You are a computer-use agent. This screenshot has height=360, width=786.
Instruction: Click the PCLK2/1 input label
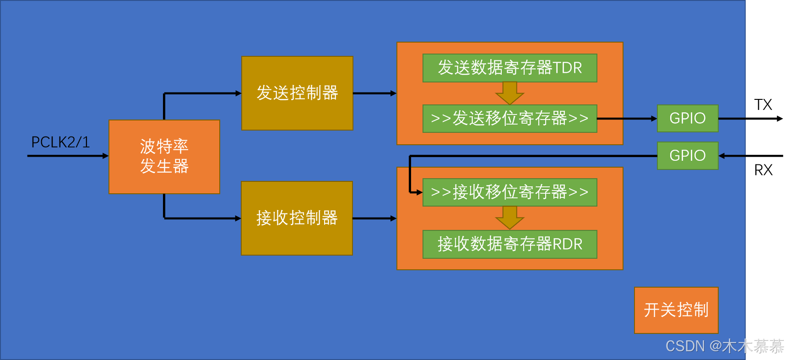click(x=60, y=142)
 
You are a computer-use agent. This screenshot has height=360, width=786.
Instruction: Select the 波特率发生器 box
click(x=164, y=157)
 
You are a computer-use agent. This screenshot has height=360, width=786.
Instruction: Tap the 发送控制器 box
click(x=297, y=93)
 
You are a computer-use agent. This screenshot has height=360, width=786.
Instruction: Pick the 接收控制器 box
click(x=297, y=218)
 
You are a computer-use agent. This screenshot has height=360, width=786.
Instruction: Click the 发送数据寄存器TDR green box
click(x=510, y=68)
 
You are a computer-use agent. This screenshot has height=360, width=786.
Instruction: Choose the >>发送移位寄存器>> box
click(x=510, y=119)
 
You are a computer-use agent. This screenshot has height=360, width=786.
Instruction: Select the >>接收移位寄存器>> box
click(x=510, y=192)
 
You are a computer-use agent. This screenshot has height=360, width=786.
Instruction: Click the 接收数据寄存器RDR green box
click(x=510, y=244)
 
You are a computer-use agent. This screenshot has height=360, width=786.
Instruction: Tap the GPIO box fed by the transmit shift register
click(x=687, y=118)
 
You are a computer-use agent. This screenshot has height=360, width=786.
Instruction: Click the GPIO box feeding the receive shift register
click(x=687, y=156)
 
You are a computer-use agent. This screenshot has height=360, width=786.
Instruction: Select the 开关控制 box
click(x=676, y=310)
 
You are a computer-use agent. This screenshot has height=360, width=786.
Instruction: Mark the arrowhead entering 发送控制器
click(x=238, y=93)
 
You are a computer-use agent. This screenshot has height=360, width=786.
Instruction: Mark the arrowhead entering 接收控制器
click(x=238, y=218)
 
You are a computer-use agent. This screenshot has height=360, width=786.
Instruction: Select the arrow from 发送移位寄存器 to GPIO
click(x=627, y=119)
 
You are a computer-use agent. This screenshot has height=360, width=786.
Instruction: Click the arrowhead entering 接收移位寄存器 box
click(x=419, y=192)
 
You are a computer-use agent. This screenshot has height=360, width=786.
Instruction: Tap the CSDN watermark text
click(x=724, y=346)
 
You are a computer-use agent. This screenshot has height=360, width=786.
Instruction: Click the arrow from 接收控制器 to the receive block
click(x=374, y=218)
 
